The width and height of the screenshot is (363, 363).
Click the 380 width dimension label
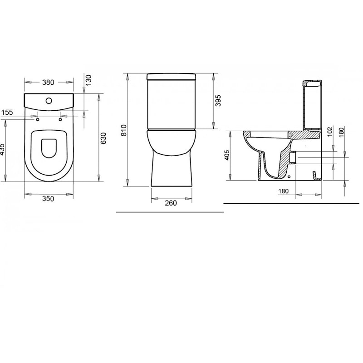click(48, 83)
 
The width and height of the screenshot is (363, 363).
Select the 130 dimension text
click(88, 79)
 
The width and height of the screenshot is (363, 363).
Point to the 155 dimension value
click(8, 113)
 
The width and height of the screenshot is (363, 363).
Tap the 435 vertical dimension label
click(2, 150)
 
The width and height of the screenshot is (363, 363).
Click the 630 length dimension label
click(104, 138)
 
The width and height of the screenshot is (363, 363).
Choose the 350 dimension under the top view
click(48, 199)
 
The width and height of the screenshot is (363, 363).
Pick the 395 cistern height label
click(218, 101)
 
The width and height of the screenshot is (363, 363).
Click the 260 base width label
click(171, 203)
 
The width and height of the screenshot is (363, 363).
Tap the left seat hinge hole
click(37, 120)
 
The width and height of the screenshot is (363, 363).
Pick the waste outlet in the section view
click(292, 157)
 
